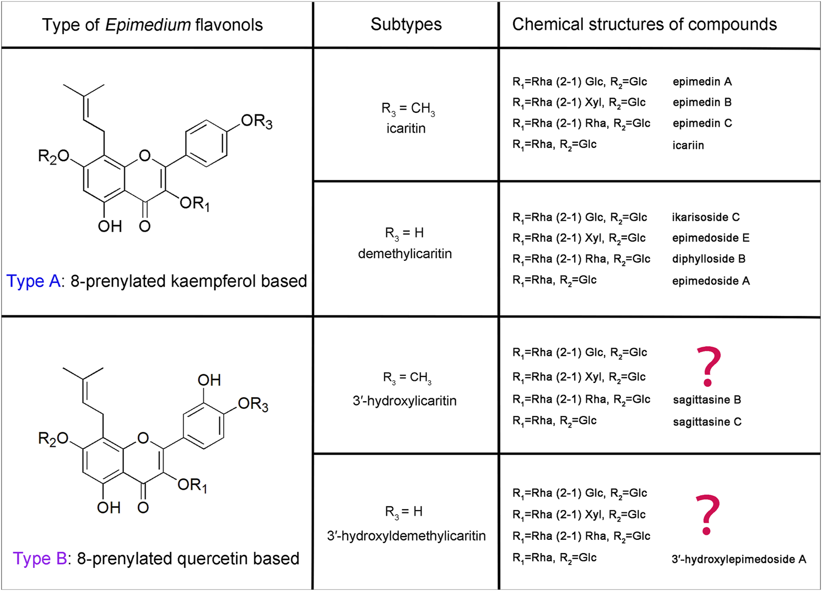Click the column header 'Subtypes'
point(406,24)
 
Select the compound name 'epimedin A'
point(702,82)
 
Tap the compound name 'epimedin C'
point(702,123)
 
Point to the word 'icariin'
point(688,145)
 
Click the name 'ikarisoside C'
point(705,217)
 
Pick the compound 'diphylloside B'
point(709,259)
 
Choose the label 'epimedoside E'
point(710,238)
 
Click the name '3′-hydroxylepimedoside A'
point(738,560)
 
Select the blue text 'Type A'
point(33,281)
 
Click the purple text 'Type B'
point(40,559)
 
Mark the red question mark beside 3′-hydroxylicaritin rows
point(709,366)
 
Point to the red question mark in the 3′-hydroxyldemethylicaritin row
point(707,515)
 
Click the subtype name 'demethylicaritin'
point(405,254)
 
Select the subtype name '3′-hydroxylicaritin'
point(405,401)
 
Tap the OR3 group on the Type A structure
point(256,122)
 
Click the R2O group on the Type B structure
point(53,439)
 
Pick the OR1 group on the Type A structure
point(194,204)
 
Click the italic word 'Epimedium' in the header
point(148,25)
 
